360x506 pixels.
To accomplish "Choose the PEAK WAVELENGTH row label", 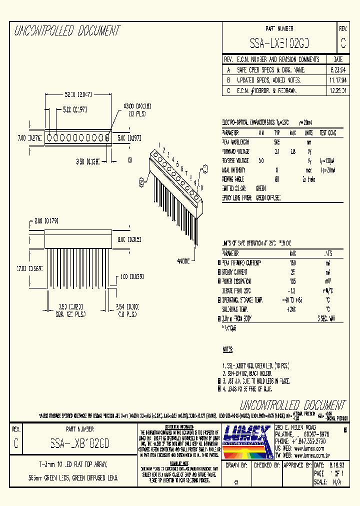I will [235, 142].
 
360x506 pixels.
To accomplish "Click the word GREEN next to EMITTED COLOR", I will [261, 188].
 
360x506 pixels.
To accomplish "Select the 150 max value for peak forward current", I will [292, 262].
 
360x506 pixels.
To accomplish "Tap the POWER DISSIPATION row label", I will [236, 281].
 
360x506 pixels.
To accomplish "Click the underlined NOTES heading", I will [227, 348].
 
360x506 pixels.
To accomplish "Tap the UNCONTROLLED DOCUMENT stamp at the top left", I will [67, 31].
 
